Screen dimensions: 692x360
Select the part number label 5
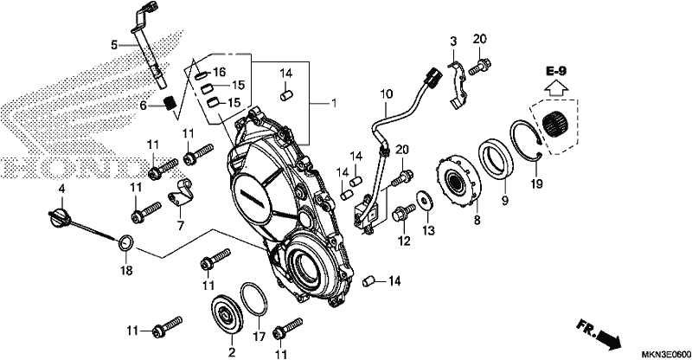[114, 45]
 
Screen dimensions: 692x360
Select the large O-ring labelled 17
[254, 300]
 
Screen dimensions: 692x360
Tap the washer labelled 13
[425, 202]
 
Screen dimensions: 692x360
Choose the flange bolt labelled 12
[403, 213]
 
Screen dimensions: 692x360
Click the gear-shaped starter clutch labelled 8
[458, 181]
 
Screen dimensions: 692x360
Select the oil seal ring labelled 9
[496, 159]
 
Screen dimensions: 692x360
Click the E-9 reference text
[555, 71]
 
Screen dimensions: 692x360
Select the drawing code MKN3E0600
[666, 354]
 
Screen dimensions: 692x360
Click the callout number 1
[334, 103]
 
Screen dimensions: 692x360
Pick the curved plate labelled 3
[457, 84]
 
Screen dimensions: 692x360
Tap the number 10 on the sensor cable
[386, 94]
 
